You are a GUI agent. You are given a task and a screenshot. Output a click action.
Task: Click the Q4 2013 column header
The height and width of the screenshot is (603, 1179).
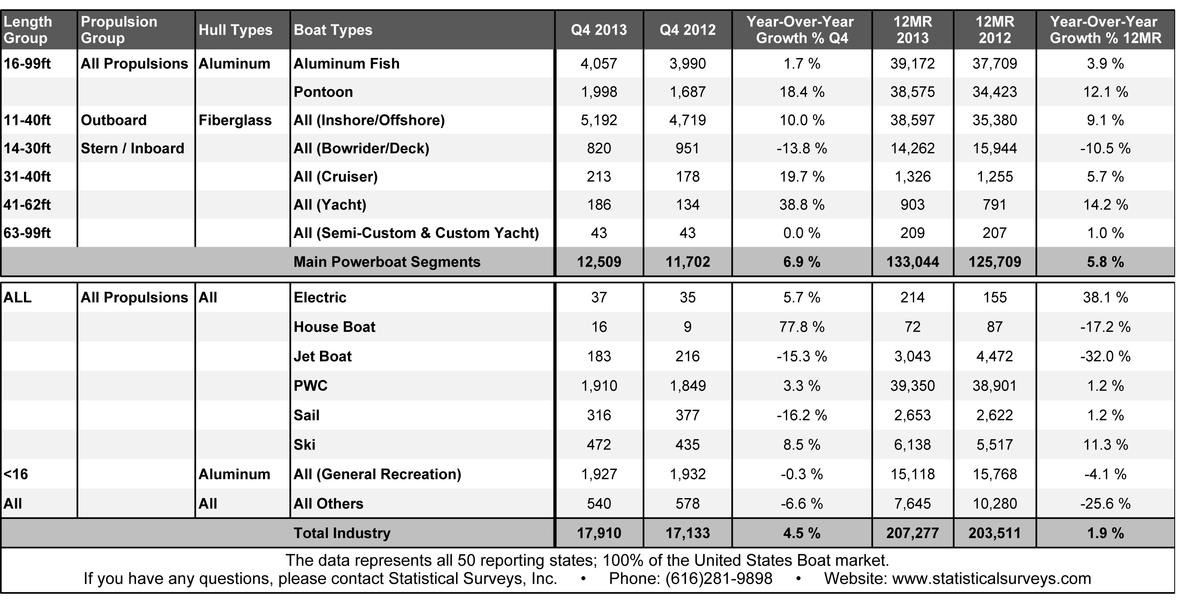coord(599,30)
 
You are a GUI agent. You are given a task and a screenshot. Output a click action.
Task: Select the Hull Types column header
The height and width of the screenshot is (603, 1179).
coord(235,30)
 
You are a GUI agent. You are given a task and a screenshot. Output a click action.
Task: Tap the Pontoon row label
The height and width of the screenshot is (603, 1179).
coord(323,92)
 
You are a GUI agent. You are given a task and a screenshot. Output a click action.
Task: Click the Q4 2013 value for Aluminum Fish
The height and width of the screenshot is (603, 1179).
coord(599,64)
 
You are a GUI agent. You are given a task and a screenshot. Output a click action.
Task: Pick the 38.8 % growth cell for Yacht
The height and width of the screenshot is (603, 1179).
coord(802,205)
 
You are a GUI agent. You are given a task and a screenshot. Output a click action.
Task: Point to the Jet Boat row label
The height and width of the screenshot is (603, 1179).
coord(322,356)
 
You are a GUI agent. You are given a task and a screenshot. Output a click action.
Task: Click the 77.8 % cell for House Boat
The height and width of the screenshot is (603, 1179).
coord(802,327)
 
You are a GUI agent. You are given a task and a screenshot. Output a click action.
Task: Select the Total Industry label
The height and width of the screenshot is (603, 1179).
coord(342,533)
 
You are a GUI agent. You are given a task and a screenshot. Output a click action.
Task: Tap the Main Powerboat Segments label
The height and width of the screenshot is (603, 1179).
coord(387,262)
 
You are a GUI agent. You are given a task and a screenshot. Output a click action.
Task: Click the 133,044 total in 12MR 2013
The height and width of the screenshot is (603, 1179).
coord(912,262)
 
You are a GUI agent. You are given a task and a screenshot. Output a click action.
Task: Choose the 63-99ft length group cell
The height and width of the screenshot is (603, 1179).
coord(27,233)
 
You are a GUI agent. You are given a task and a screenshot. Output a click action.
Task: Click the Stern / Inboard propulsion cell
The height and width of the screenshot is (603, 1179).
coord(132,148)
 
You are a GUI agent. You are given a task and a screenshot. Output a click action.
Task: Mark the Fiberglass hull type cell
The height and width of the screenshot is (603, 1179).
coord(235,120)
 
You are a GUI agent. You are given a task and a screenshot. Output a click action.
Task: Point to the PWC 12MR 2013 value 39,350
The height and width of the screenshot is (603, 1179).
coord(912,386)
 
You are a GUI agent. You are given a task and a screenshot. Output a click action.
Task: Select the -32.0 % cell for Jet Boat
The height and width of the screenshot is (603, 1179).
coord(1105,356)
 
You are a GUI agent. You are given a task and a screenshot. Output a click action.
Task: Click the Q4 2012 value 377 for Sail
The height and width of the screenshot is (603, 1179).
coord(688,415)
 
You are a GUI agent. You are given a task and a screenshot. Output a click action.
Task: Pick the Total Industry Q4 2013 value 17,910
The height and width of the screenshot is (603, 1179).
coord(599,533)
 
